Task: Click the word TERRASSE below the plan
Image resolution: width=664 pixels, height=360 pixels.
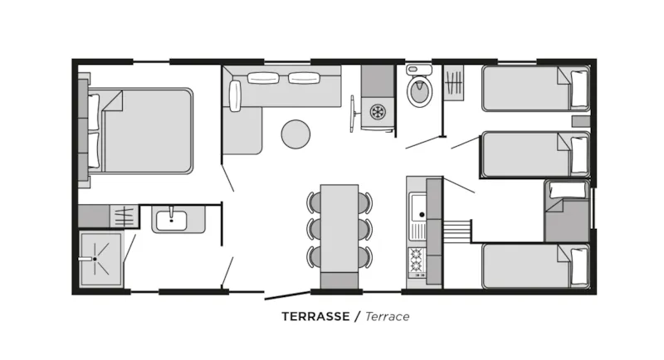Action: tap(315, 317)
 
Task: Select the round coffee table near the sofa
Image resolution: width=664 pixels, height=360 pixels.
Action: tap(295, 134)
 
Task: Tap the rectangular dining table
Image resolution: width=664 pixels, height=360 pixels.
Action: tap(339, 228)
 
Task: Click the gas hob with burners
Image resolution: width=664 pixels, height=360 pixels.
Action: tap(415, 262)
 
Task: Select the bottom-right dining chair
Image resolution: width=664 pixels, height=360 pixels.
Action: tap(366, 255)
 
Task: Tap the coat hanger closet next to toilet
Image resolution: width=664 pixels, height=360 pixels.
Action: tap(455, 84)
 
